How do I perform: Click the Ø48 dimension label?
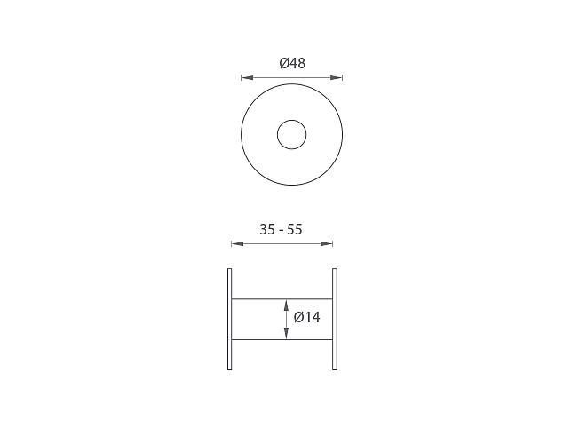(292, 63)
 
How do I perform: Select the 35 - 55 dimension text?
(281, 229)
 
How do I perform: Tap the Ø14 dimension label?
(306, 317)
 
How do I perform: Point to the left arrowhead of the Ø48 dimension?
(247, 77)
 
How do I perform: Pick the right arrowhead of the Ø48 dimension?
(337, 77)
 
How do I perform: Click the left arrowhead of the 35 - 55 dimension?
(237, 243)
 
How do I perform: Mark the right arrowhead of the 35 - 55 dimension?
(326, 243)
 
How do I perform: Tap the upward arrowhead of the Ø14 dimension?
(286, 305)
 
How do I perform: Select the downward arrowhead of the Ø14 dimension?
(286, 333)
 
